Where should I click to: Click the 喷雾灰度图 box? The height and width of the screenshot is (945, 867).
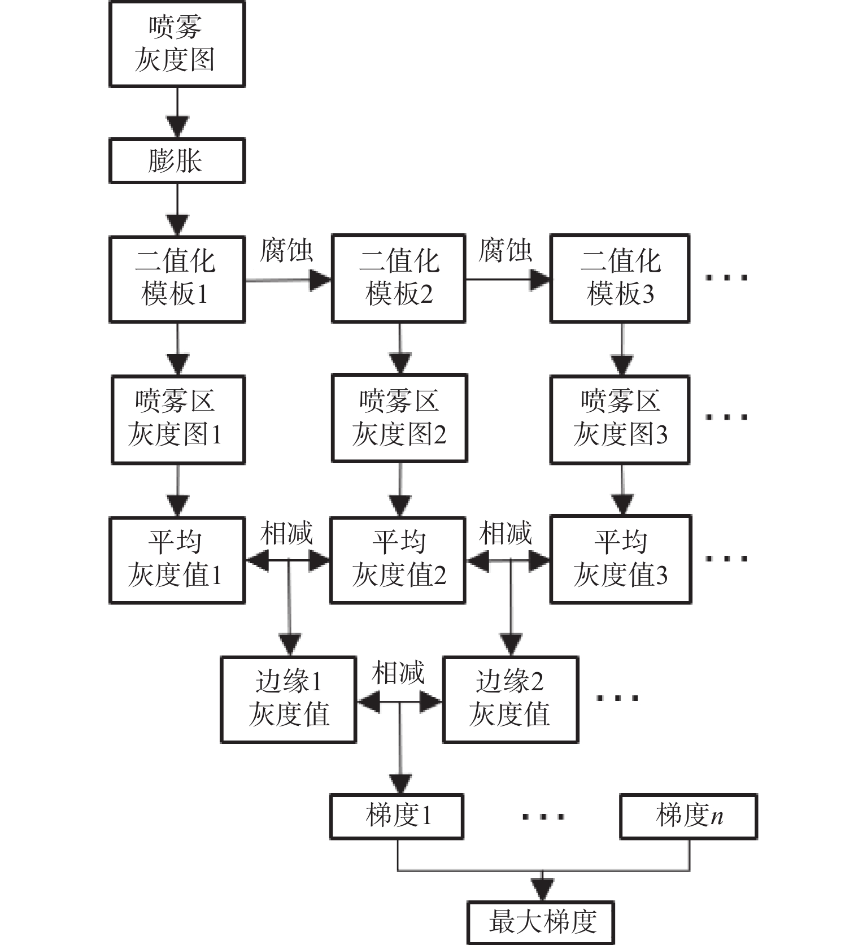tap(177, 44)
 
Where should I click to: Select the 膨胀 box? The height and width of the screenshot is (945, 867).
tap(177, 161)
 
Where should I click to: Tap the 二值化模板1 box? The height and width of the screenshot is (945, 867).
tap(177, 278)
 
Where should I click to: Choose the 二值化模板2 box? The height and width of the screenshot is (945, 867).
tap(399, 278)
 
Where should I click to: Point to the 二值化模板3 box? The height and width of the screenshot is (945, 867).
tap(620, 278)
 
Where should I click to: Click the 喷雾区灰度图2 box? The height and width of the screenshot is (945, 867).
tap(399, 418)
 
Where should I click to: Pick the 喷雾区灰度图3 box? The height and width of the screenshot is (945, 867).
tap(620, 419)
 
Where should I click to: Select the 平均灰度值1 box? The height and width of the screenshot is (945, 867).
tap(177, 560)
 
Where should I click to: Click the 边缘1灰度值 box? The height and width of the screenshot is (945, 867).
tap(288, 699)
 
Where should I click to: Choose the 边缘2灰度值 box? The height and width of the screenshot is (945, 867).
tap(511, 699)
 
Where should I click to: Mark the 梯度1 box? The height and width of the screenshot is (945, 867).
tap(397, 816)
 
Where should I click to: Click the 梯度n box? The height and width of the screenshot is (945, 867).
tap(689, 816)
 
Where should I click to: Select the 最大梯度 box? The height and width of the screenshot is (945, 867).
tap(541, 922)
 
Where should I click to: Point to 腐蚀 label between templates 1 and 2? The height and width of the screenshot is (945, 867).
tap(286, 251)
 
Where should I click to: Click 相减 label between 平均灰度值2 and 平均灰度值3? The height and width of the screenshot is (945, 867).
tap(506, 533)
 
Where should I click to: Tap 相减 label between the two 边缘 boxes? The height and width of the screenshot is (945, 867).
tap(398, 673)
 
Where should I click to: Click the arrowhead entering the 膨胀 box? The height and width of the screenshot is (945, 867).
tap(177, 127)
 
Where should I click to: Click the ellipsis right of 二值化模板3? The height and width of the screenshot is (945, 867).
tap(727, 277)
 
